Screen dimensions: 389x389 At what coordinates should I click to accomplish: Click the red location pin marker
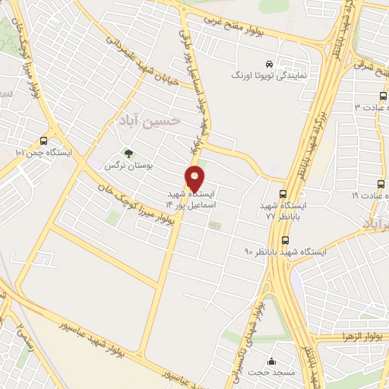196,179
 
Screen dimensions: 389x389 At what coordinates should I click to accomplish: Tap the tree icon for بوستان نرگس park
128,153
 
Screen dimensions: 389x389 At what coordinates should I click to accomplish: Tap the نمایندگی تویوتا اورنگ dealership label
269,75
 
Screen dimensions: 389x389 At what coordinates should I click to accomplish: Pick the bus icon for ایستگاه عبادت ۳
382,96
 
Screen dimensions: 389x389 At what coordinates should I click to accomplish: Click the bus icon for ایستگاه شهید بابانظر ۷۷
283,194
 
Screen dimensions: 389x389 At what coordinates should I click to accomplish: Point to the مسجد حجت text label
271,373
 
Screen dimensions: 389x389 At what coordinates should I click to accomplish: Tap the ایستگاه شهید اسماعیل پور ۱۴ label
197,200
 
